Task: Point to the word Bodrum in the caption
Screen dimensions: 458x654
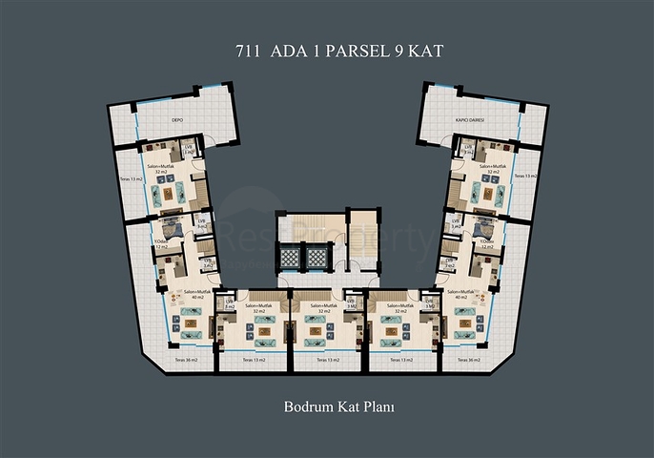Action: (306, 406)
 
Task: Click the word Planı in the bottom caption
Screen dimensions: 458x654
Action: (378, 406)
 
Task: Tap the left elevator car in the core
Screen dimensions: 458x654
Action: (288, 260)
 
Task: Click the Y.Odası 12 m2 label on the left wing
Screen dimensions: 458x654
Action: (161, 243)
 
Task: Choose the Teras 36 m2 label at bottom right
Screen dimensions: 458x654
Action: (467, 361)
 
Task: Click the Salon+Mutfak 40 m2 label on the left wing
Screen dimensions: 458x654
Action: (196, 293)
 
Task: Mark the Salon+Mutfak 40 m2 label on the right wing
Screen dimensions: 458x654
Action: (458, 293)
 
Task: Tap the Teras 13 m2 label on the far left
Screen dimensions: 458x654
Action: (132, 178)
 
